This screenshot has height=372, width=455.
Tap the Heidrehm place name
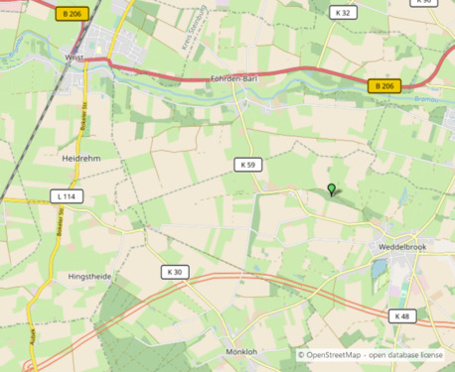click(x=83, y=158)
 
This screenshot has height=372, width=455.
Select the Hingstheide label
click(x=90, y=276)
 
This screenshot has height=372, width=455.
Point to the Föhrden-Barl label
click(x=236, y=79)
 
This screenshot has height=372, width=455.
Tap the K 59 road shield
click(x=248, y=164)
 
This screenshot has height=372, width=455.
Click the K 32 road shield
click(x=344, y=13)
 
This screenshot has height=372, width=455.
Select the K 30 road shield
click(x=175, y=272)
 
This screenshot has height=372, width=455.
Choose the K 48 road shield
click(x=401, y=316)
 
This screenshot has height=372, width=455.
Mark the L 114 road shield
click(x=66, y=196)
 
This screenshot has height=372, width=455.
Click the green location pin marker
click(x=332, y=189)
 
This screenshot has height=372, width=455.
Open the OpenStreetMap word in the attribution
click(x=333, y=355)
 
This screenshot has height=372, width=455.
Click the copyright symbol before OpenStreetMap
click(x=301, y=355)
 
